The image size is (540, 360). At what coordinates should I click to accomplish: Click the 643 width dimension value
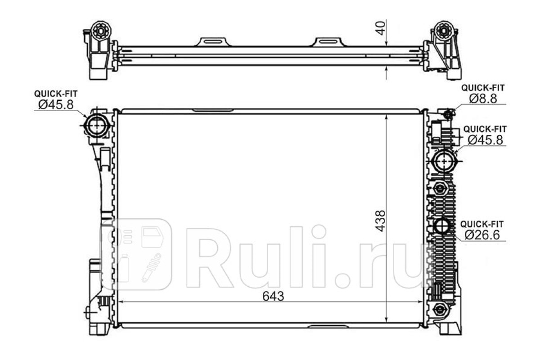[273, 296]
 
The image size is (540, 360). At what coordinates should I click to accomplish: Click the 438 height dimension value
[381, 221]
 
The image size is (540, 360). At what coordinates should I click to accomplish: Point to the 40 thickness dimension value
[381, 28]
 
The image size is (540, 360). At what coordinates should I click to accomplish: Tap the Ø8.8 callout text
[483, 99]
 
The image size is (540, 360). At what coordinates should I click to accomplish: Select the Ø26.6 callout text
[482, 235]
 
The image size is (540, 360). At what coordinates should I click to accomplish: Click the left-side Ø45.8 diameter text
[56, 105]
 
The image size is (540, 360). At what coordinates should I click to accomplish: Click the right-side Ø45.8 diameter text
[485, 140]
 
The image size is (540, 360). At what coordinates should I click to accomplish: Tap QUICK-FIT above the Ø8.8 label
[483, 88]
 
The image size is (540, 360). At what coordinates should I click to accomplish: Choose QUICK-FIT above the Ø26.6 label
[482, 224]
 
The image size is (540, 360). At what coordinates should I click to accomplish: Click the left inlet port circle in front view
[97, 126]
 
